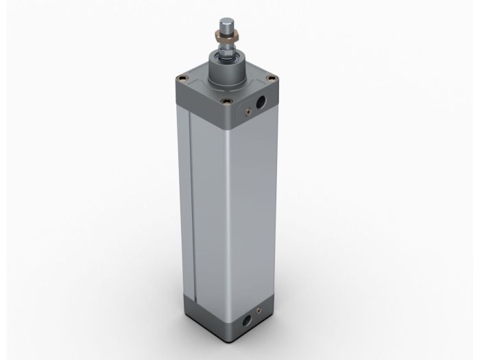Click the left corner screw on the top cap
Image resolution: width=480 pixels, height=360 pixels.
coord(180,77)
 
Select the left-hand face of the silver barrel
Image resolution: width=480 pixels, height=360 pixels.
coord(206,206)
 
